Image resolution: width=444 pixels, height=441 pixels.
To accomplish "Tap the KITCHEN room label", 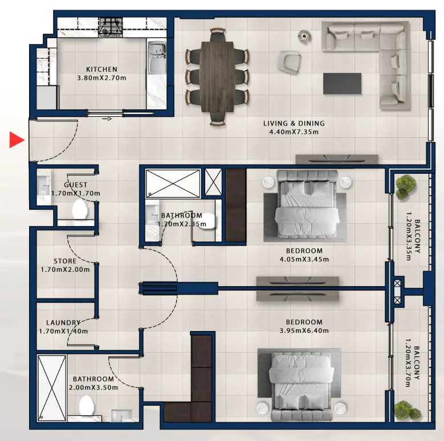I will coord(101,70).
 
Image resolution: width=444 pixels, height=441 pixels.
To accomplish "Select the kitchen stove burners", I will coord(111,26).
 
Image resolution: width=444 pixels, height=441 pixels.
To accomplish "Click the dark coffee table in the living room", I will coord(342,83).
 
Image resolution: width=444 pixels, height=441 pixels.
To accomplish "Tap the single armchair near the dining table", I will coord(290,62).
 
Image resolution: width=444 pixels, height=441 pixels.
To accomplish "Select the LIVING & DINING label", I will coord(294,123).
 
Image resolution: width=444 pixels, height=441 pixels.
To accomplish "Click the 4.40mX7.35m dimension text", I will coord(294,132).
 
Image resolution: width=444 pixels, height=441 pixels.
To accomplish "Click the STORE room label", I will coord(66,261).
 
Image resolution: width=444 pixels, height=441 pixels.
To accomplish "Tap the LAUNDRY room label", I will coord(63,322).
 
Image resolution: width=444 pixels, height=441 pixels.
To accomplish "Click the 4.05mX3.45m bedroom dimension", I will coord(305,259).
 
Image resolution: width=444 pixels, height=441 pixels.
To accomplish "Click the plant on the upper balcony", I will coord(406,186).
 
